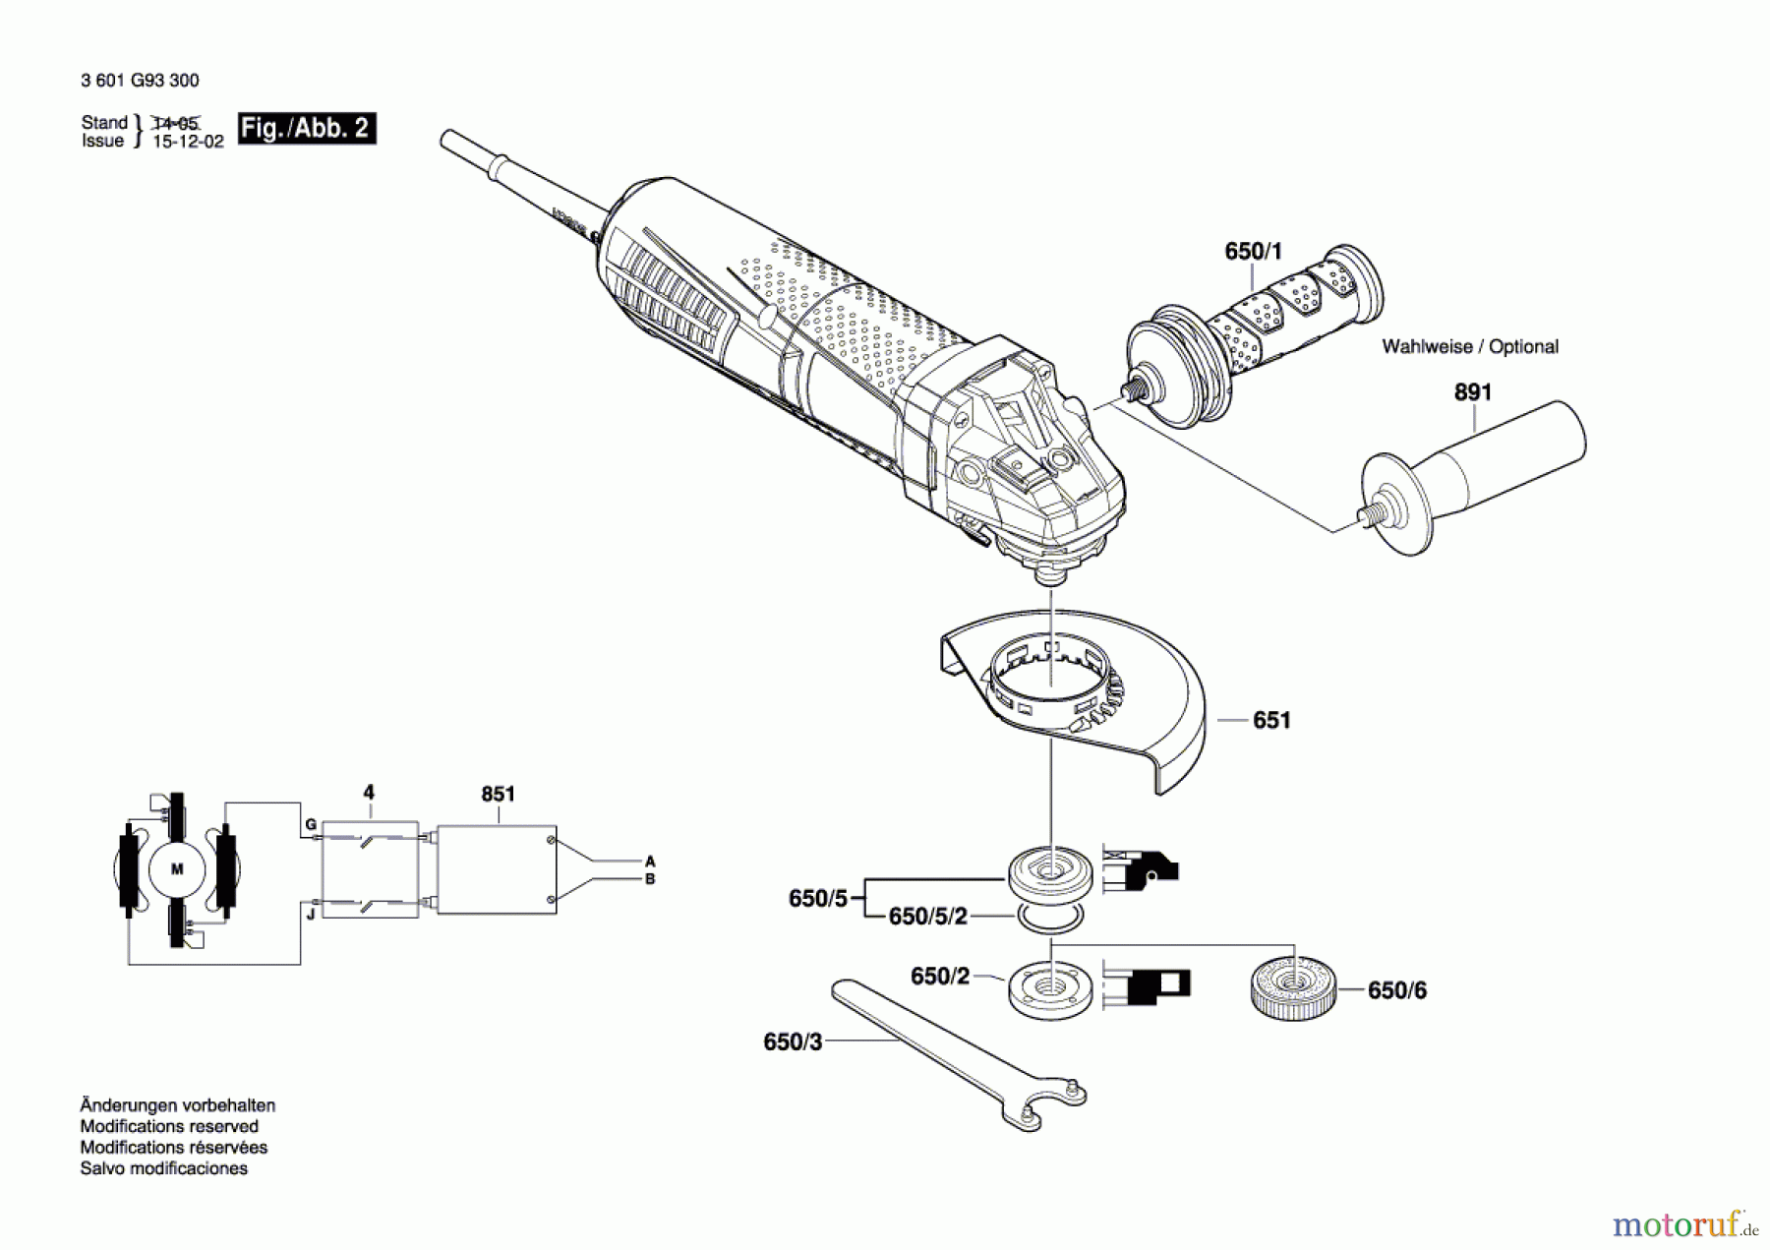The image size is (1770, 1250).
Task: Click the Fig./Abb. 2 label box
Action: (306, 128)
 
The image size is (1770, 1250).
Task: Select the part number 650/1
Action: (1253, 252)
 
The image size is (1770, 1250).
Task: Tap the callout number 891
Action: (1472, 392)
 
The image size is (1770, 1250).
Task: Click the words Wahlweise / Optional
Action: (1469, 346)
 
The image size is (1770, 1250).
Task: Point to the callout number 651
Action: (1270, 721)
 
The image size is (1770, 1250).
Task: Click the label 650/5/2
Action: (927, 917)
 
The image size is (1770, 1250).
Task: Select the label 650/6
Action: (1396, 990)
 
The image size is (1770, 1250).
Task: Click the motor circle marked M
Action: (177, 869)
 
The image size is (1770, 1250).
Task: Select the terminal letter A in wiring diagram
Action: (650, 862)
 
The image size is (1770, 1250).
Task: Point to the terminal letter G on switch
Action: (310, 824)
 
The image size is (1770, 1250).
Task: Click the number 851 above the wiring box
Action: (498, 794)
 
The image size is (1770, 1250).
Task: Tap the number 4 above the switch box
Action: (369, 793)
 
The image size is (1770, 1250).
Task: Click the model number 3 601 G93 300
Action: (140, 81)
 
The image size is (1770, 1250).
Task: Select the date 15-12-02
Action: (189, 142)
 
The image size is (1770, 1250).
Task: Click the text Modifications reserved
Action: (169, 1126)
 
